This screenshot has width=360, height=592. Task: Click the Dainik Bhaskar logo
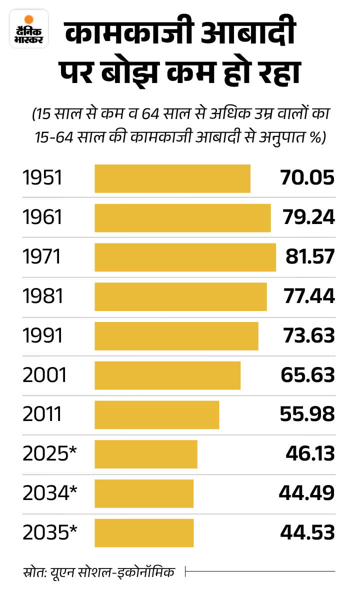point(28,29)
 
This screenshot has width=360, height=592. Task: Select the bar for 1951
point(172,178)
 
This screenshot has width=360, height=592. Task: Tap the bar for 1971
point(185,257)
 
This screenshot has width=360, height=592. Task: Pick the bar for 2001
point(167,375)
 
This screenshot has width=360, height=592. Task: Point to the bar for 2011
point(156,414)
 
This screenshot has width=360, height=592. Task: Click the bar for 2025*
point(146,454)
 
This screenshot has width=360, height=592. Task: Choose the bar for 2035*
point(144,532)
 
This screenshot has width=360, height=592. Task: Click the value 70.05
point(306,178)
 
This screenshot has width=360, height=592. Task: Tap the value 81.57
point(309,257)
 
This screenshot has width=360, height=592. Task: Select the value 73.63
point(306,336)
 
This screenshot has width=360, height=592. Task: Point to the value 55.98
point(306,414)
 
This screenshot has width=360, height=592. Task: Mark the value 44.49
point(306,493)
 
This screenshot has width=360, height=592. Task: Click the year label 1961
point(42,218)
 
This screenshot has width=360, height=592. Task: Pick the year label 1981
point(43,296)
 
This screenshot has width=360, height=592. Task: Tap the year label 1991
point(42,336)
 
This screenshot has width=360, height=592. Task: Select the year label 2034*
point(50,493)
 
